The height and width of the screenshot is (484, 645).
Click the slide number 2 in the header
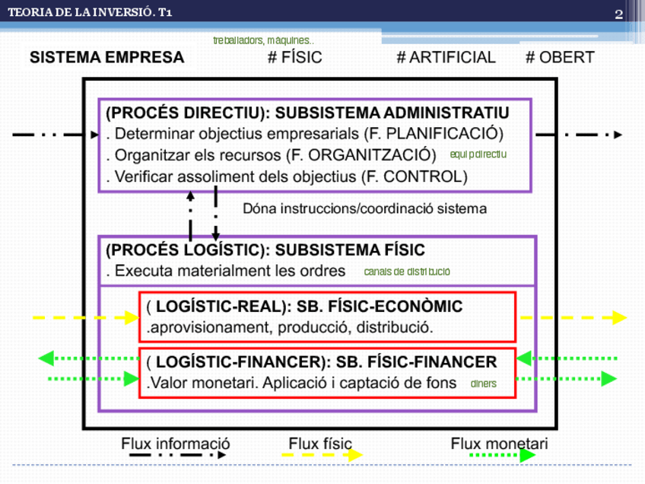click(619, 14)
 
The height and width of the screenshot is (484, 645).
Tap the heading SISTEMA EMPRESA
click(106, 58)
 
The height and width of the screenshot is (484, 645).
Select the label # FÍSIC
click(294, 58)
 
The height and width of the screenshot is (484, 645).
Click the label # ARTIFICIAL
click(446, 58)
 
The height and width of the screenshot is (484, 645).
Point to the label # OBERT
click(560, 58)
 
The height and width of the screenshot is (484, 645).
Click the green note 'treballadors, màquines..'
click(263, 40)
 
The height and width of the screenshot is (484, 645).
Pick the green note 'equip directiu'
click(478, 154)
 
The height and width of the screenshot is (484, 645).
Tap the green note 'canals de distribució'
click(407, 272)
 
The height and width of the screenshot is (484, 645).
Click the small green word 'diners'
click(483, 384)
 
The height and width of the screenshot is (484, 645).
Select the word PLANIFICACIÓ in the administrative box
click(442, 134)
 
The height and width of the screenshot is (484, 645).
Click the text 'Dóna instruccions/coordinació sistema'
click(364, 208)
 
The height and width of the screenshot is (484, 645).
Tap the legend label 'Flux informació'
click(176, 444)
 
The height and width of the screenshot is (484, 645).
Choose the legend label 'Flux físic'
click(320, 444)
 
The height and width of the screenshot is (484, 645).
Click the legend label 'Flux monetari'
click(499, 444)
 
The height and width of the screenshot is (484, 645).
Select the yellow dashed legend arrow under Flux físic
click(322, 456)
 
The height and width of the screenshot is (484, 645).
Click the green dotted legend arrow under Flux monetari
click(502, 456)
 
